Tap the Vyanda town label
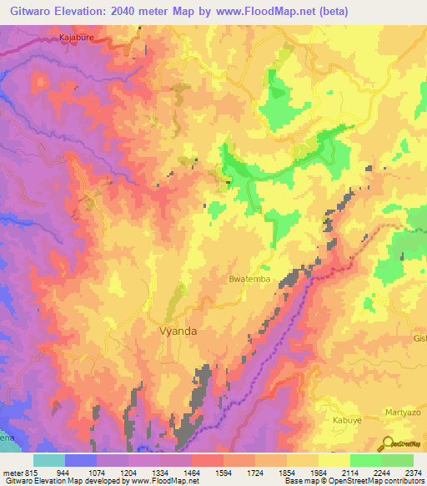pos(178,331)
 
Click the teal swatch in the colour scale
pos(49,461)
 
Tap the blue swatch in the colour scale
pos(81,461)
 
